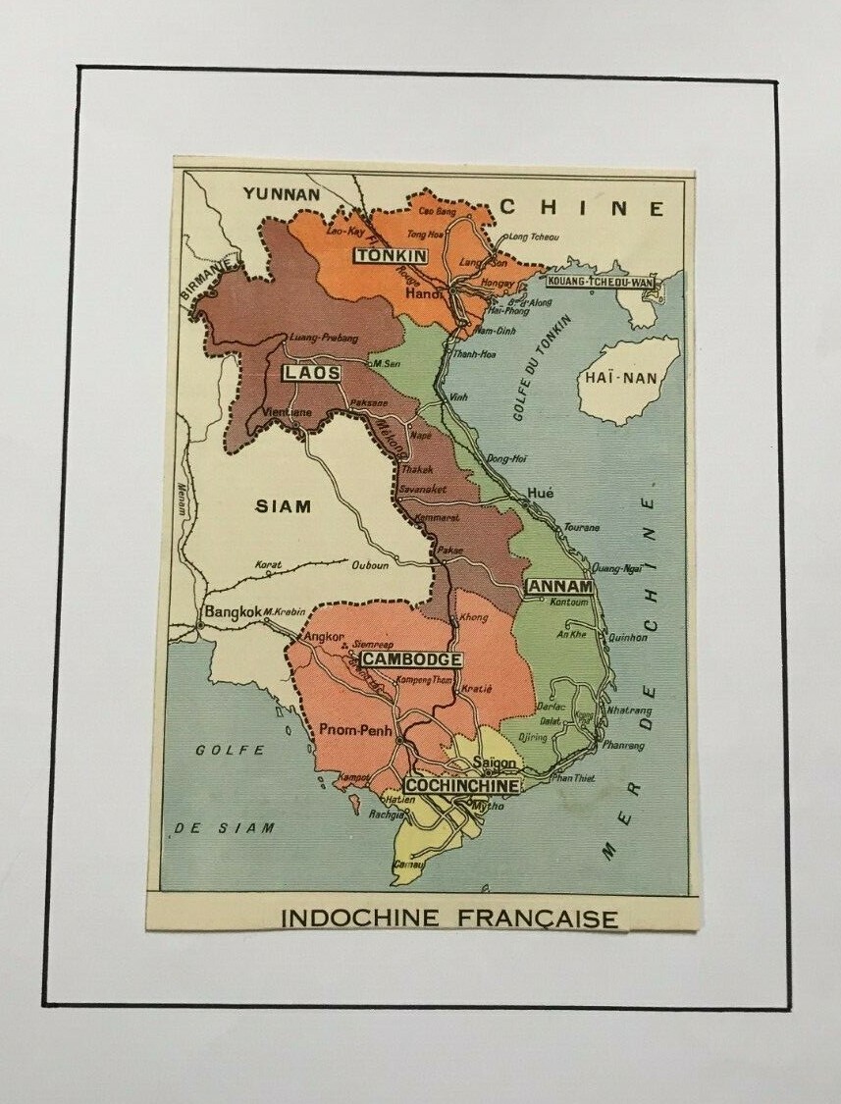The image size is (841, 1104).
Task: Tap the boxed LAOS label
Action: pos(312,373)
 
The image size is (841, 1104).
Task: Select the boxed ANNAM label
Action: pos(560,587)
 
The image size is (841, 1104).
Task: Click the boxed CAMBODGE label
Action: pos(410,659)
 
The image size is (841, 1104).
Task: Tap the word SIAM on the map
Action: pos(284,506)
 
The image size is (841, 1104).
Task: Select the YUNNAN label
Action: pos(282,193)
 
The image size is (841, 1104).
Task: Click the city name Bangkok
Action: pos(233,611)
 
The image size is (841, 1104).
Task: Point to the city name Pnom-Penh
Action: pos(355,731)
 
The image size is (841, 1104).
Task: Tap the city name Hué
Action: pos(540,493)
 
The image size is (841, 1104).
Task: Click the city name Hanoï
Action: pos(426,292)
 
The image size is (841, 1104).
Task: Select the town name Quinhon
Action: pos(627,637)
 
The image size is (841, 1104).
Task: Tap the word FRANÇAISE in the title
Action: pos(538,920)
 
